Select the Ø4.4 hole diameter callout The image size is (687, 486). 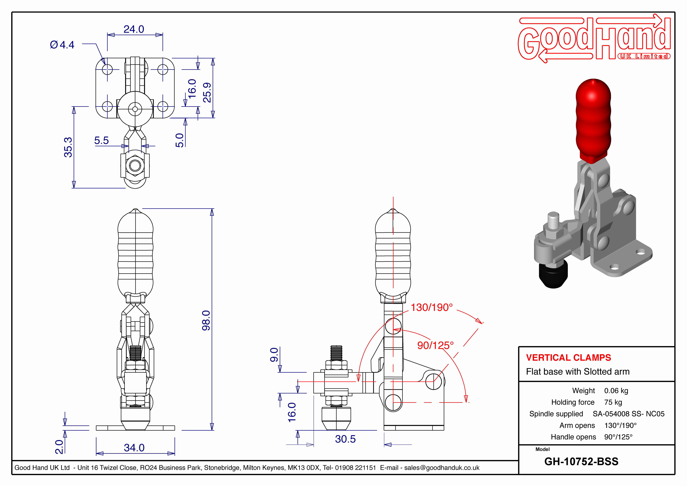(x=62, y=45)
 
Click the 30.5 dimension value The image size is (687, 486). (x=345, y=439)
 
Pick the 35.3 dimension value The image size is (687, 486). (x=68, y=147)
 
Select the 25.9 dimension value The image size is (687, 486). (x=207, y=93)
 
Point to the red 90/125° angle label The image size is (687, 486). (x=435, y=346)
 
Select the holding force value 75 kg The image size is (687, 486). (x=613, y=402)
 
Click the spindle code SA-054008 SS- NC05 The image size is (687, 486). (x=628, y=414)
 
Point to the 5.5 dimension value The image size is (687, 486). (x=101, y=140)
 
